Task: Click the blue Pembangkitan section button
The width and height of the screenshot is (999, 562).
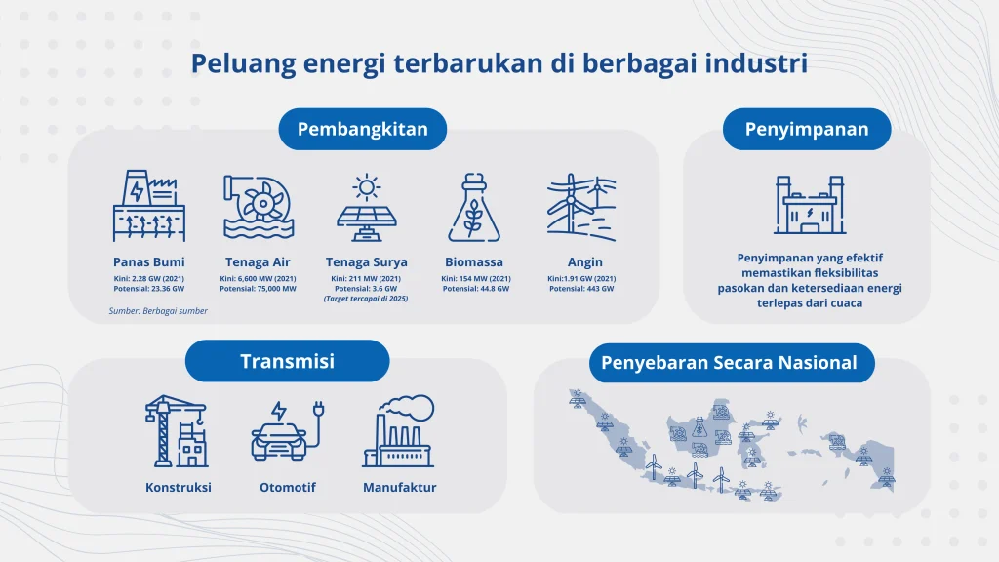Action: click(362, 129)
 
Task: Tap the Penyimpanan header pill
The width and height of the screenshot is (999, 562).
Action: click(806, 129)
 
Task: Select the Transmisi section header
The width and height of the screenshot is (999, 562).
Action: click(287, 361)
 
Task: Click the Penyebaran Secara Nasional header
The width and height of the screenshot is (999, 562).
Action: click(729, 363)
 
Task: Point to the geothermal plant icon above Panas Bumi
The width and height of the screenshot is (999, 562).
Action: click(148, 207)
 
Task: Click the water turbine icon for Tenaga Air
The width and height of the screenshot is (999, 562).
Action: click(258, 207)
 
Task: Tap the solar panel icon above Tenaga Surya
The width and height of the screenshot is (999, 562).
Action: click(367, 207)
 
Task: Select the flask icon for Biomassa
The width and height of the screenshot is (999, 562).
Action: click(473, 207)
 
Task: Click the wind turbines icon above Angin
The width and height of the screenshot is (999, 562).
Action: click(582, 207)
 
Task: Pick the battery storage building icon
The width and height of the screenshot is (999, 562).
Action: click(807, 206)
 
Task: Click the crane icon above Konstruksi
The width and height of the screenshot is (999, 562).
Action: click(177, 430)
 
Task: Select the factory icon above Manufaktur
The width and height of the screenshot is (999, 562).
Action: click(398, 430)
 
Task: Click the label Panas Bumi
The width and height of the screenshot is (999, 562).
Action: click(148, 261)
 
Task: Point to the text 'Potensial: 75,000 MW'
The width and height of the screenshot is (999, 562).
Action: click(258, 289)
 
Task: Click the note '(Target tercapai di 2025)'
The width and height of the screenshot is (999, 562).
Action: click(366, 299)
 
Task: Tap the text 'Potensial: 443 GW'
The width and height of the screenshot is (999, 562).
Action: click(584, 289)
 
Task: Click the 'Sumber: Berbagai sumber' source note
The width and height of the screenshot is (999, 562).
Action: click(157, 311)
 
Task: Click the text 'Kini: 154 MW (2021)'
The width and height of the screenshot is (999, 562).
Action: click(473, 278)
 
